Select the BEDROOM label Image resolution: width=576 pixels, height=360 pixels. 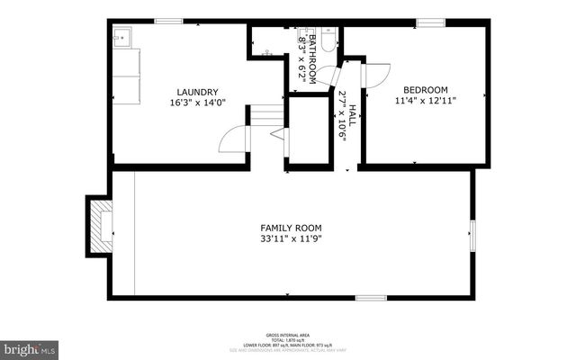[425, 90]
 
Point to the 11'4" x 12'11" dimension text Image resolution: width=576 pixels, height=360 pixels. [425, 102]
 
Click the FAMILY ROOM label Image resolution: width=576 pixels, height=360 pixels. [291, 228]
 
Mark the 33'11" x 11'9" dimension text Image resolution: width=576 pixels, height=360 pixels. [291, 239]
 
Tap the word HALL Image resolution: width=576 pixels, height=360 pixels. [353, 115]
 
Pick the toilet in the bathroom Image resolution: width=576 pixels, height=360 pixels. [328, 40]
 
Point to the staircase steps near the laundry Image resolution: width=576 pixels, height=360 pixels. [265, 115]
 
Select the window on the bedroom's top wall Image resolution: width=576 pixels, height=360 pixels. [430, 22]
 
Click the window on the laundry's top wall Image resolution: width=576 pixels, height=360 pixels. [167, 21]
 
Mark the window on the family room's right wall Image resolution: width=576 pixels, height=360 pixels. [472, 231]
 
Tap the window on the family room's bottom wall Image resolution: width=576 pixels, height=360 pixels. [370, 297]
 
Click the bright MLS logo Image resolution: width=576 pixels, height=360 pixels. [30, 347]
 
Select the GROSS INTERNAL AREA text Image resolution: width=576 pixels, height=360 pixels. [287, 333]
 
